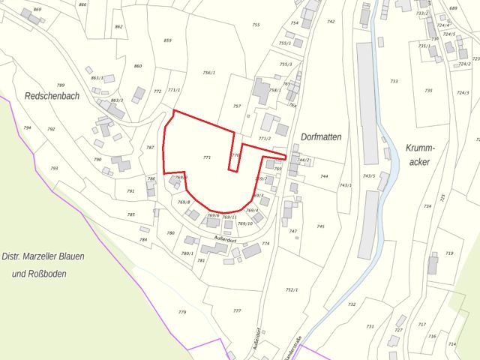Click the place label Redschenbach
click(x=52, y=96)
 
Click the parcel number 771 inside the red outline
click(x=207, y=157)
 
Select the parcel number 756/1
click(x=208, y=73)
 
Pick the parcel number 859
click(x=167, y=40)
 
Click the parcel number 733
click(x=394, y=81)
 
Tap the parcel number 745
click(x=320, y=226)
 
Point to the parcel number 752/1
click(x=292, y=289)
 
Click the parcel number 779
click(x=181, y=312)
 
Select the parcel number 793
click(x=54, y=169)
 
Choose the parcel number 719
click(x=449, y=253)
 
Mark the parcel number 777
click(x=237, y=310)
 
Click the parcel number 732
click(x=351, y=304)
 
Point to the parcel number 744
click(x=324, y=176)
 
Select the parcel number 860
click(x=138, y=66)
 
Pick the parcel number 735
click(x=428, y=90)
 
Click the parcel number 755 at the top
click(x=256, y=25)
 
